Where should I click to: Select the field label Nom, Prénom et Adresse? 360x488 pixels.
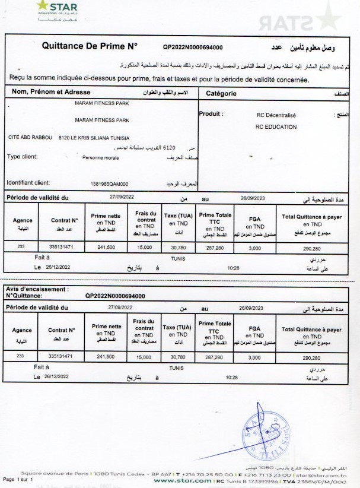pos(51,93)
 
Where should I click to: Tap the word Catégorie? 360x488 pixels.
pos(221,93)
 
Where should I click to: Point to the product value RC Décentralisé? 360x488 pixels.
pos(276,115)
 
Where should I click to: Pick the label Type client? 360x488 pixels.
pos(22,157)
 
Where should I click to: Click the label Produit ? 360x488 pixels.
pos(211,113)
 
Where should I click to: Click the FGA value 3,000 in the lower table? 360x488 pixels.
pos(254,358)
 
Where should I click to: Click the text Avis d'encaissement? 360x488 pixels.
pos(37,289)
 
